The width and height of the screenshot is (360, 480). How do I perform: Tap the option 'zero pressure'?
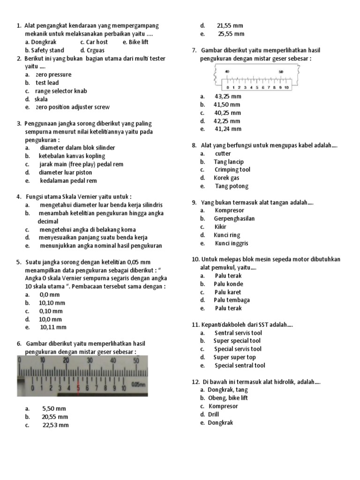53,75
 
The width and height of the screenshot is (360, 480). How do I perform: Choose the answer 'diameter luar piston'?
66,172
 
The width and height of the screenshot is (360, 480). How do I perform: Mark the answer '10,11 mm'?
53,327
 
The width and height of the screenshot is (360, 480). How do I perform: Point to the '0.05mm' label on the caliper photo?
138,384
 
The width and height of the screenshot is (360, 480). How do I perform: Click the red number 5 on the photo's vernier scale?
78,388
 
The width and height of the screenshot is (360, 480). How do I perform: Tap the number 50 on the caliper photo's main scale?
136,360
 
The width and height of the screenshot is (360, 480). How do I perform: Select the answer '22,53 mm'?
55,425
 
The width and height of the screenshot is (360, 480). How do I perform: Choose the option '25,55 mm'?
231,34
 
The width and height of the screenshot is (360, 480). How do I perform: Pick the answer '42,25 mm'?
227,121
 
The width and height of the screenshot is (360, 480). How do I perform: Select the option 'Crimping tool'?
232,170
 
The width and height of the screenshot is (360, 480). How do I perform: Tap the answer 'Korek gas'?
226,178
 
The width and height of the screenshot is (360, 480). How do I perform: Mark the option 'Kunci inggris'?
232,243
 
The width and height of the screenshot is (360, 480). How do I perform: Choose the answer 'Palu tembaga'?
232,300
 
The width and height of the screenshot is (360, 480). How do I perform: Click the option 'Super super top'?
234,357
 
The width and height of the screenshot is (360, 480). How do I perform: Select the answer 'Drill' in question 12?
214,414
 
